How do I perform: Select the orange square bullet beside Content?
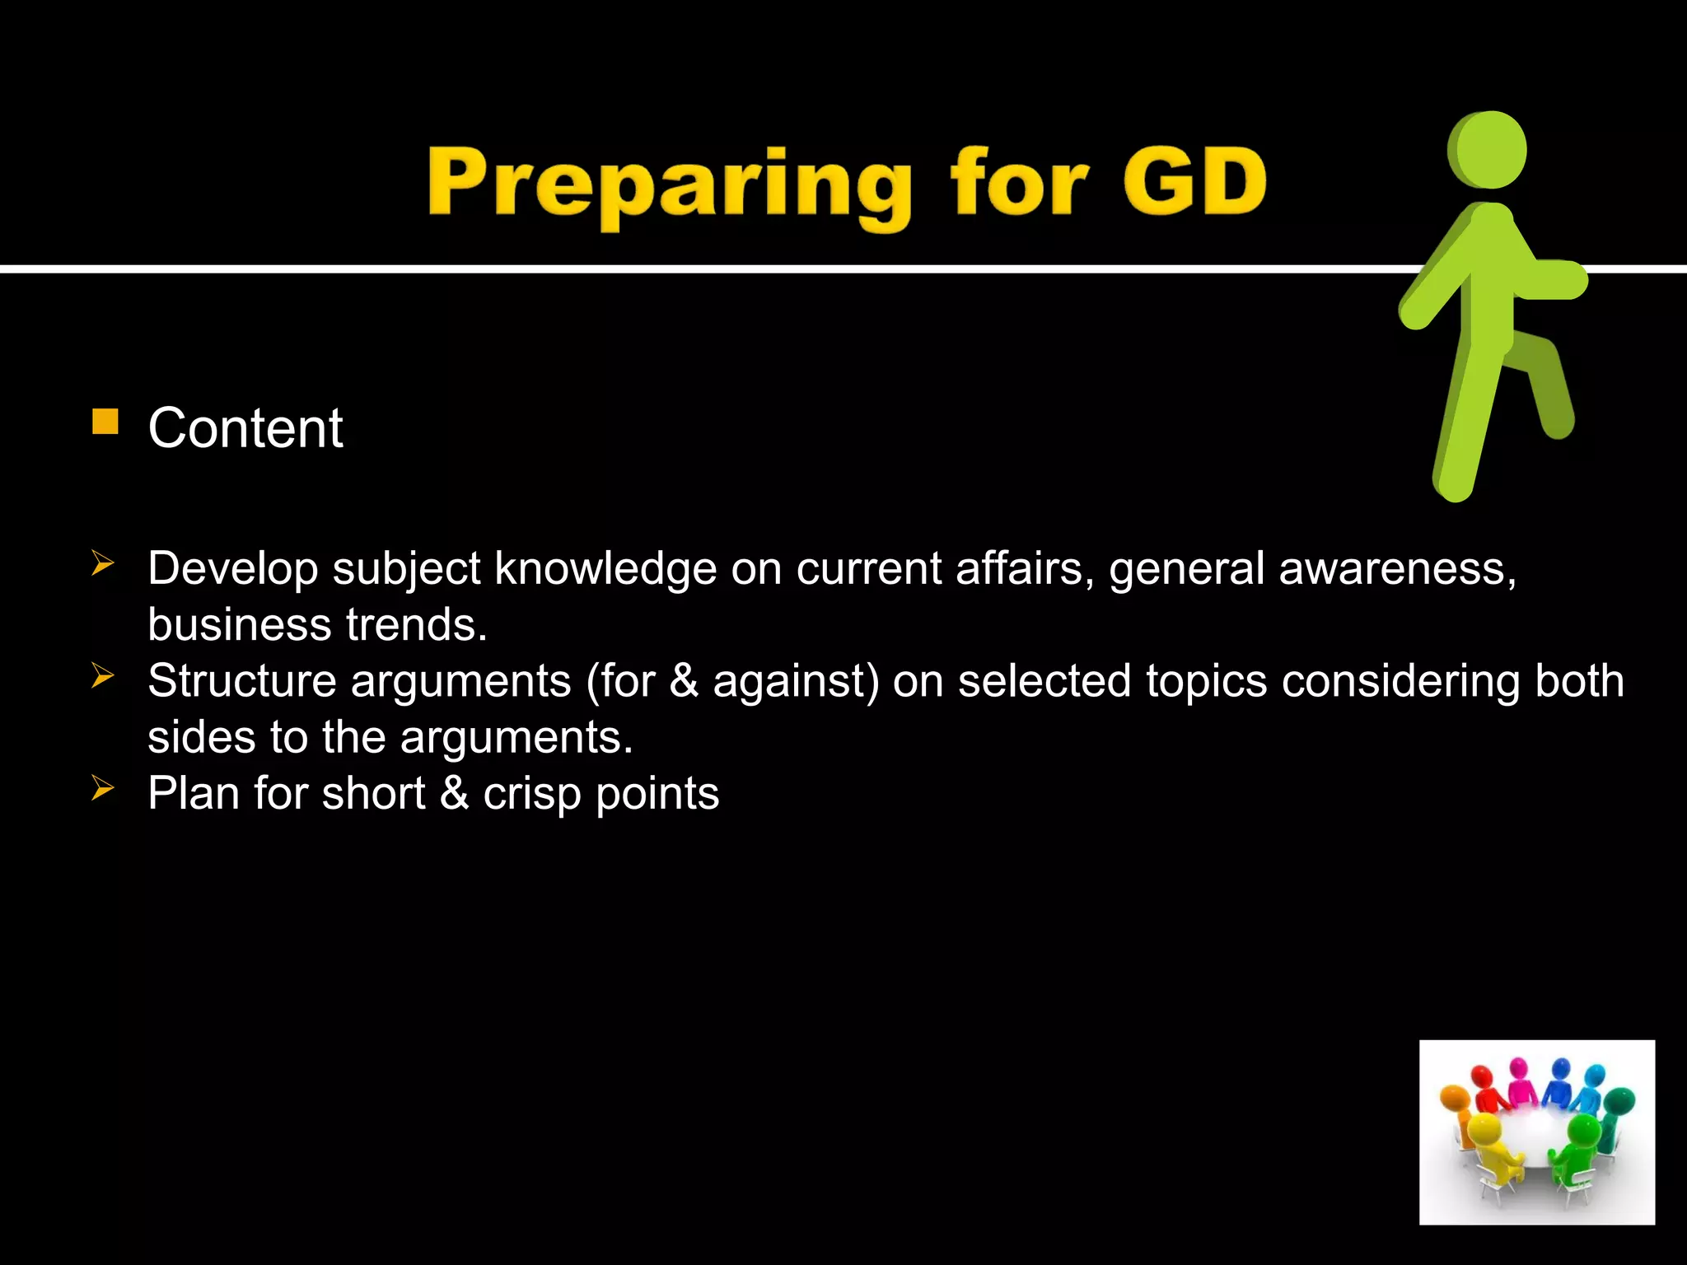105,422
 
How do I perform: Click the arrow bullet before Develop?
102,564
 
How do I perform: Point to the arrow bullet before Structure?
102,676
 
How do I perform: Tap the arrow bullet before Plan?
102,788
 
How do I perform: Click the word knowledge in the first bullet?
605,568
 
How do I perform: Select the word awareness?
1396,568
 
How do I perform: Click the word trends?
416,624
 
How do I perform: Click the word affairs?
1018,568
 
